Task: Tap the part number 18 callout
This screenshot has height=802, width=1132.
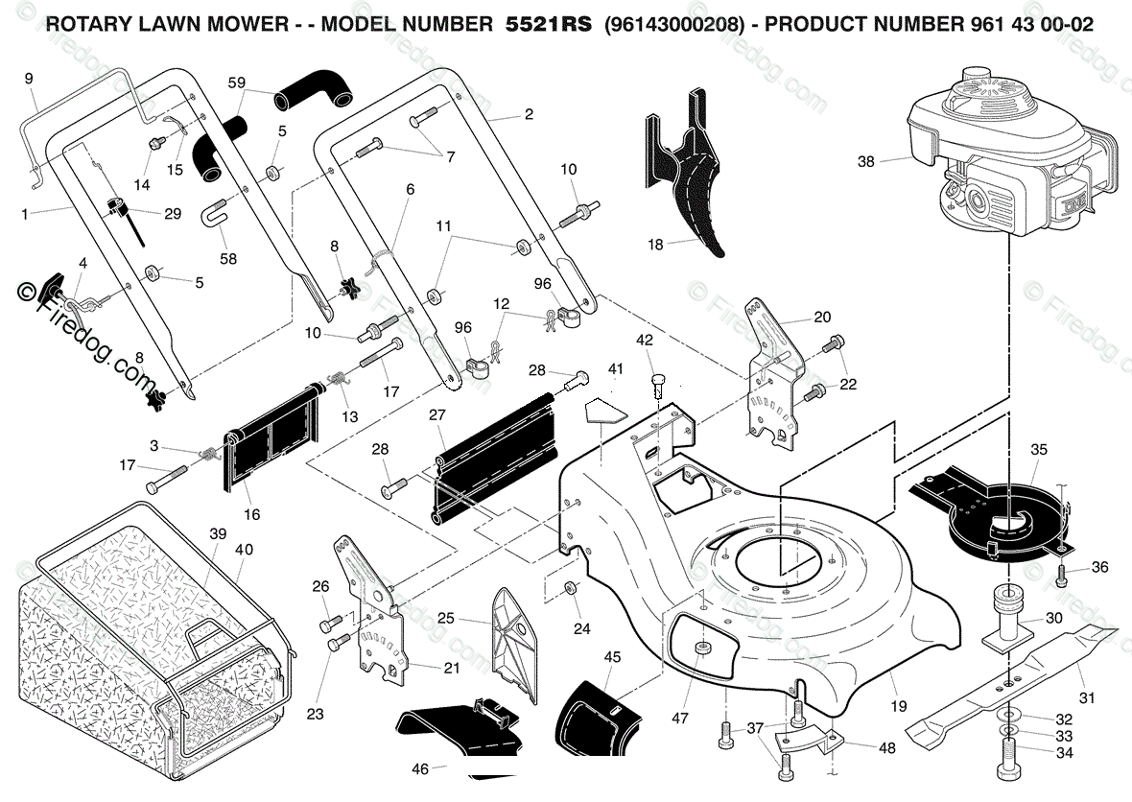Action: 655,245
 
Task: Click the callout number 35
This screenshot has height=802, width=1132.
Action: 1038,450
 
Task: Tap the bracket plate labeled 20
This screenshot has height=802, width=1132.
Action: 772,372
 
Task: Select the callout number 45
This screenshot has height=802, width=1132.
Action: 612,658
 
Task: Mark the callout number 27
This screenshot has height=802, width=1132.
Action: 437,415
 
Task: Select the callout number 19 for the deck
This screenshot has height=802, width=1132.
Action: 899,707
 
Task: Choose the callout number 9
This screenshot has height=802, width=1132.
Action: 29,79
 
